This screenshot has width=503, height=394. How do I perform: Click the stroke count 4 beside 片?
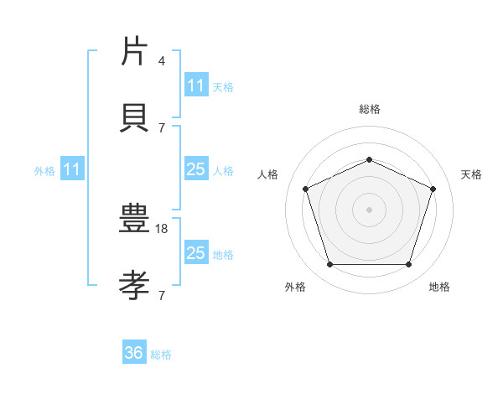(x=162, y=61)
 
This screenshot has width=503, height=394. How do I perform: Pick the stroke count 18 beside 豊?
(x=163, y=228)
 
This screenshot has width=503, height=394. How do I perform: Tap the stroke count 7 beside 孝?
(x=162, y=295)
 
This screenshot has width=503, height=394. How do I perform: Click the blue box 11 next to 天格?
(x=195, y=86)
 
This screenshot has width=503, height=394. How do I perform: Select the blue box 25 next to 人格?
(x=195, y=169)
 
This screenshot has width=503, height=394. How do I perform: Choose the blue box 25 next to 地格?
(x=195, y=253)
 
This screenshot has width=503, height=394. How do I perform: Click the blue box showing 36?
(x=134, y=353)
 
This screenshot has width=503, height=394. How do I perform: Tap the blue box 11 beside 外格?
(x=72, y=169)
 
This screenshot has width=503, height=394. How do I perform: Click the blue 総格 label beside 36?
(x=161, y=355)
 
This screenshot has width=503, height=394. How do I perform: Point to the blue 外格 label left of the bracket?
(x=44, y=171)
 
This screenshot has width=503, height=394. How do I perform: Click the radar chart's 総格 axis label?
(x=369, y=109)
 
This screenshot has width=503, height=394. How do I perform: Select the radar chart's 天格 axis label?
(x=471, y=174)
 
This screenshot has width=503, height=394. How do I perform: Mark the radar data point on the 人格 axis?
(x=305, y=189)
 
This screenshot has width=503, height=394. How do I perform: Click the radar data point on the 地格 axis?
(x=408, y=265)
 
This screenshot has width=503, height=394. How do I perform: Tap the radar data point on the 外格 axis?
(x=329, y=265)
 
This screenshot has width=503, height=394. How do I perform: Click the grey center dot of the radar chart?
(x=369, y=210)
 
